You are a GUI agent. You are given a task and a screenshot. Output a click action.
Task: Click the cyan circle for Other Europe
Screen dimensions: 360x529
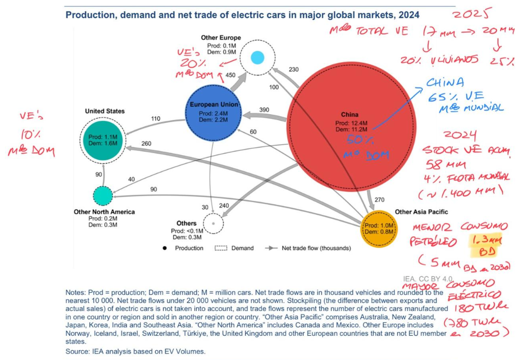[x=257, y=57]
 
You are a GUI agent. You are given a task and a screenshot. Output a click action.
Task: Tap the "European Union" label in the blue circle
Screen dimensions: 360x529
[x=214, y=105]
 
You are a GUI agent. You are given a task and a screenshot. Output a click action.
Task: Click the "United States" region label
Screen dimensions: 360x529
[x=105, y=111]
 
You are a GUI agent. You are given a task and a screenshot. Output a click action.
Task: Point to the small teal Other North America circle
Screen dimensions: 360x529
[x=103, y=195]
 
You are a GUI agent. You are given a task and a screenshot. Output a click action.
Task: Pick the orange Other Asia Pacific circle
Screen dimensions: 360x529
[x=378, y=228]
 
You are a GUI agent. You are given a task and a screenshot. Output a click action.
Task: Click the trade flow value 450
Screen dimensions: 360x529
[x=230, y=75]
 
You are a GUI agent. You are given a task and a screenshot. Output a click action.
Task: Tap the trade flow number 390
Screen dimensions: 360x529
[x=264, y=110]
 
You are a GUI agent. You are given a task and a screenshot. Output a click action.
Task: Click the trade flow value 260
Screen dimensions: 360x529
[x=146, y=144]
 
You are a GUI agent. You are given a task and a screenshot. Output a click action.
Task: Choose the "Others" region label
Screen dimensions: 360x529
[x=186, y=224]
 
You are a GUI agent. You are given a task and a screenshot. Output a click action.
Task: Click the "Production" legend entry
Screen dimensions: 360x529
[x=189, y=248]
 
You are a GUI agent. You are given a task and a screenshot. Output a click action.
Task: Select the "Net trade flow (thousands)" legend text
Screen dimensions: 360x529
[x=316, y=248]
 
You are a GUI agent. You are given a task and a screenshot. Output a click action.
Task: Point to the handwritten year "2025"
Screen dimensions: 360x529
[x=470, y=15]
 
